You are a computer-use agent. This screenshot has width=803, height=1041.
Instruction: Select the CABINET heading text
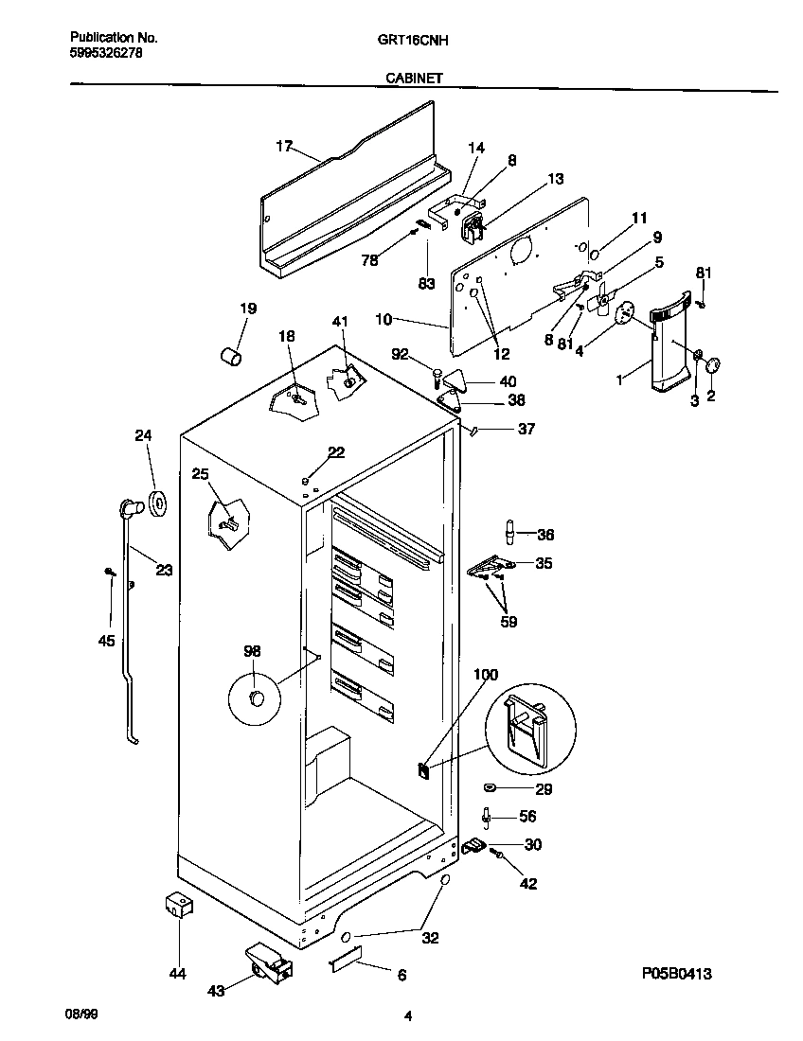411,79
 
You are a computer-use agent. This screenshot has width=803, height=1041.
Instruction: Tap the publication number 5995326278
107,54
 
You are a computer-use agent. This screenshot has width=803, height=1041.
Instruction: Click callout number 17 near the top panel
284,147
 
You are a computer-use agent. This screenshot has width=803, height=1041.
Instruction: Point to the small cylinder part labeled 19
231,355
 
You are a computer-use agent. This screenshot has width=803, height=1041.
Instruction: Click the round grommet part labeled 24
156,504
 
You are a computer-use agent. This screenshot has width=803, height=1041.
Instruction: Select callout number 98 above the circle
252,651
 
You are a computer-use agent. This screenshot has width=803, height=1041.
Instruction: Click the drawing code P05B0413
675,973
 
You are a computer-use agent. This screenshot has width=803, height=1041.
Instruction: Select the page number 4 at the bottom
407,1017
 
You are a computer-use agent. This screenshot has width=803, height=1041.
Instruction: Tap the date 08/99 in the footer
80,1013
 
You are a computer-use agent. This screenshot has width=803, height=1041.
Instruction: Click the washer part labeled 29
491,787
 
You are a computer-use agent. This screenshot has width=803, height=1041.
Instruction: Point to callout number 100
485,675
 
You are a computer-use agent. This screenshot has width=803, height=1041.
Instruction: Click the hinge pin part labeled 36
511,534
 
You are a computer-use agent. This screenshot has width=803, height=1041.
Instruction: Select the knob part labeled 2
714,365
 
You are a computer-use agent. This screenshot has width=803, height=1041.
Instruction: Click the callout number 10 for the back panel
384,321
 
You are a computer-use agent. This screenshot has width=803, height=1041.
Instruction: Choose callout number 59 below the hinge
509,622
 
